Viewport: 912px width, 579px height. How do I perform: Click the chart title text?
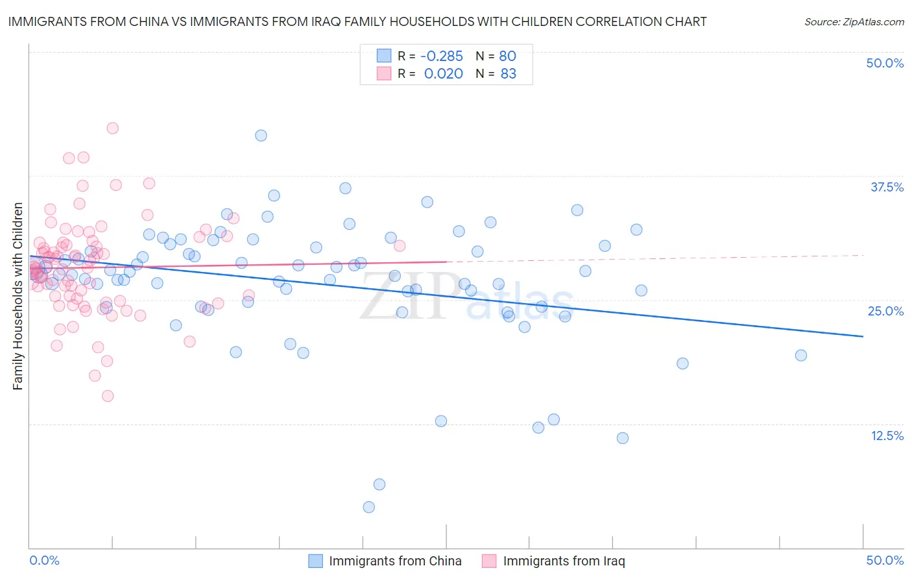(x=357, y=21)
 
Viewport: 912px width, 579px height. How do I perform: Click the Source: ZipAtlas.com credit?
(x=854, y=21)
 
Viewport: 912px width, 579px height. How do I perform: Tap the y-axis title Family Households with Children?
(x=18, y=296)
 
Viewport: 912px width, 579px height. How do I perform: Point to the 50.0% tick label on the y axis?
(x=885, y=63)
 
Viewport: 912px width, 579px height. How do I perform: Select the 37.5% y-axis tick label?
(x=887, y=187)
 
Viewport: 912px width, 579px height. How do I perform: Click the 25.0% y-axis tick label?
(x=885, y=311)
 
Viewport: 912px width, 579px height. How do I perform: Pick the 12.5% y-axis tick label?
(x=887, y=436)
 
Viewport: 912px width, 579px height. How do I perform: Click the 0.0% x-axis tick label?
(x=44, y=560)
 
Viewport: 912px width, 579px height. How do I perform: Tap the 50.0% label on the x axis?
(x=885, y=560)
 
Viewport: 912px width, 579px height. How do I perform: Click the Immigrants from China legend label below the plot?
(x=395, y=561)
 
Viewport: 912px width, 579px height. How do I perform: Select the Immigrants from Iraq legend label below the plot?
(x=564, y=561)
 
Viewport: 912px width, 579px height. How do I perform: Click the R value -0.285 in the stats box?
(x=442, y=56)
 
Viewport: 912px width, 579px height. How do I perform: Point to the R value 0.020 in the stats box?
(x=444, y=74)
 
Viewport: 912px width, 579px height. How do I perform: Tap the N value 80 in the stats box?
(x=507, y=56)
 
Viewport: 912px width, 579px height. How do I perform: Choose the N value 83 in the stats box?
(x=509, y=74)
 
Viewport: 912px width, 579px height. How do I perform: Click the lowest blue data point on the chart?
(x=369, y=507)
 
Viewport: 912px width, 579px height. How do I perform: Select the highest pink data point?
(x=112, y=129)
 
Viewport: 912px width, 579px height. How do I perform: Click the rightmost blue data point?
(x=801, y=355)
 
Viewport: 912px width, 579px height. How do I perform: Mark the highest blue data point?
(x=261, y=136)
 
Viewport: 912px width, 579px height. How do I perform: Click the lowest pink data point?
(x=108, y=396)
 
